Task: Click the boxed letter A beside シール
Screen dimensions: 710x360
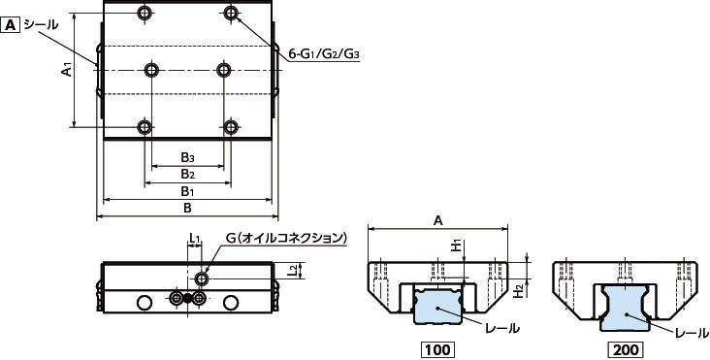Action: pyautogui.click(x=11, y=25)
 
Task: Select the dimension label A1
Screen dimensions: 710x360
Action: pyautogui.click(x=67, y=70)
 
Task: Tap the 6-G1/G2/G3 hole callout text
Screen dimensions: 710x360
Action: pyautogui.click(x=324, y=54)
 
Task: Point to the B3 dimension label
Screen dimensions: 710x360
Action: pyautogui.click(x=188, y=157)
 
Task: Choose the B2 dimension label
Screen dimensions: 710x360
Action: pyautogui.click(x=188, y=174)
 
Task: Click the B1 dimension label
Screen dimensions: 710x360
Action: pyautogui.click(x=188, y=191)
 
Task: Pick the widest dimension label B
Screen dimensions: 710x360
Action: pyautogui.click(x=187, y=209)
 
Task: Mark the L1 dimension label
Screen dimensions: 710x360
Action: pyautogui.click(x=195, y=238)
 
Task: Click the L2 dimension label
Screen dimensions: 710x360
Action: pyautogui.click(x=294, y=271)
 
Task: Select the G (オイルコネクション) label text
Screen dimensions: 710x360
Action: pyautogui.click(x=286, y=238)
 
